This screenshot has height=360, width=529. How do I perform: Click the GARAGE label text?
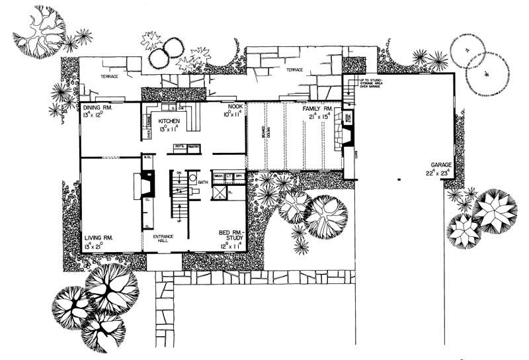click(x=438, y=164)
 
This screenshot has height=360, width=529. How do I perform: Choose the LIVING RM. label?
click(x=99, y=237)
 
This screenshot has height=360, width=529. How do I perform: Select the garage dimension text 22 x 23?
click(x=438, y=173)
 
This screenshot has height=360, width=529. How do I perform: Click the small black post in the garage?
click(x=399, y=179)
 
